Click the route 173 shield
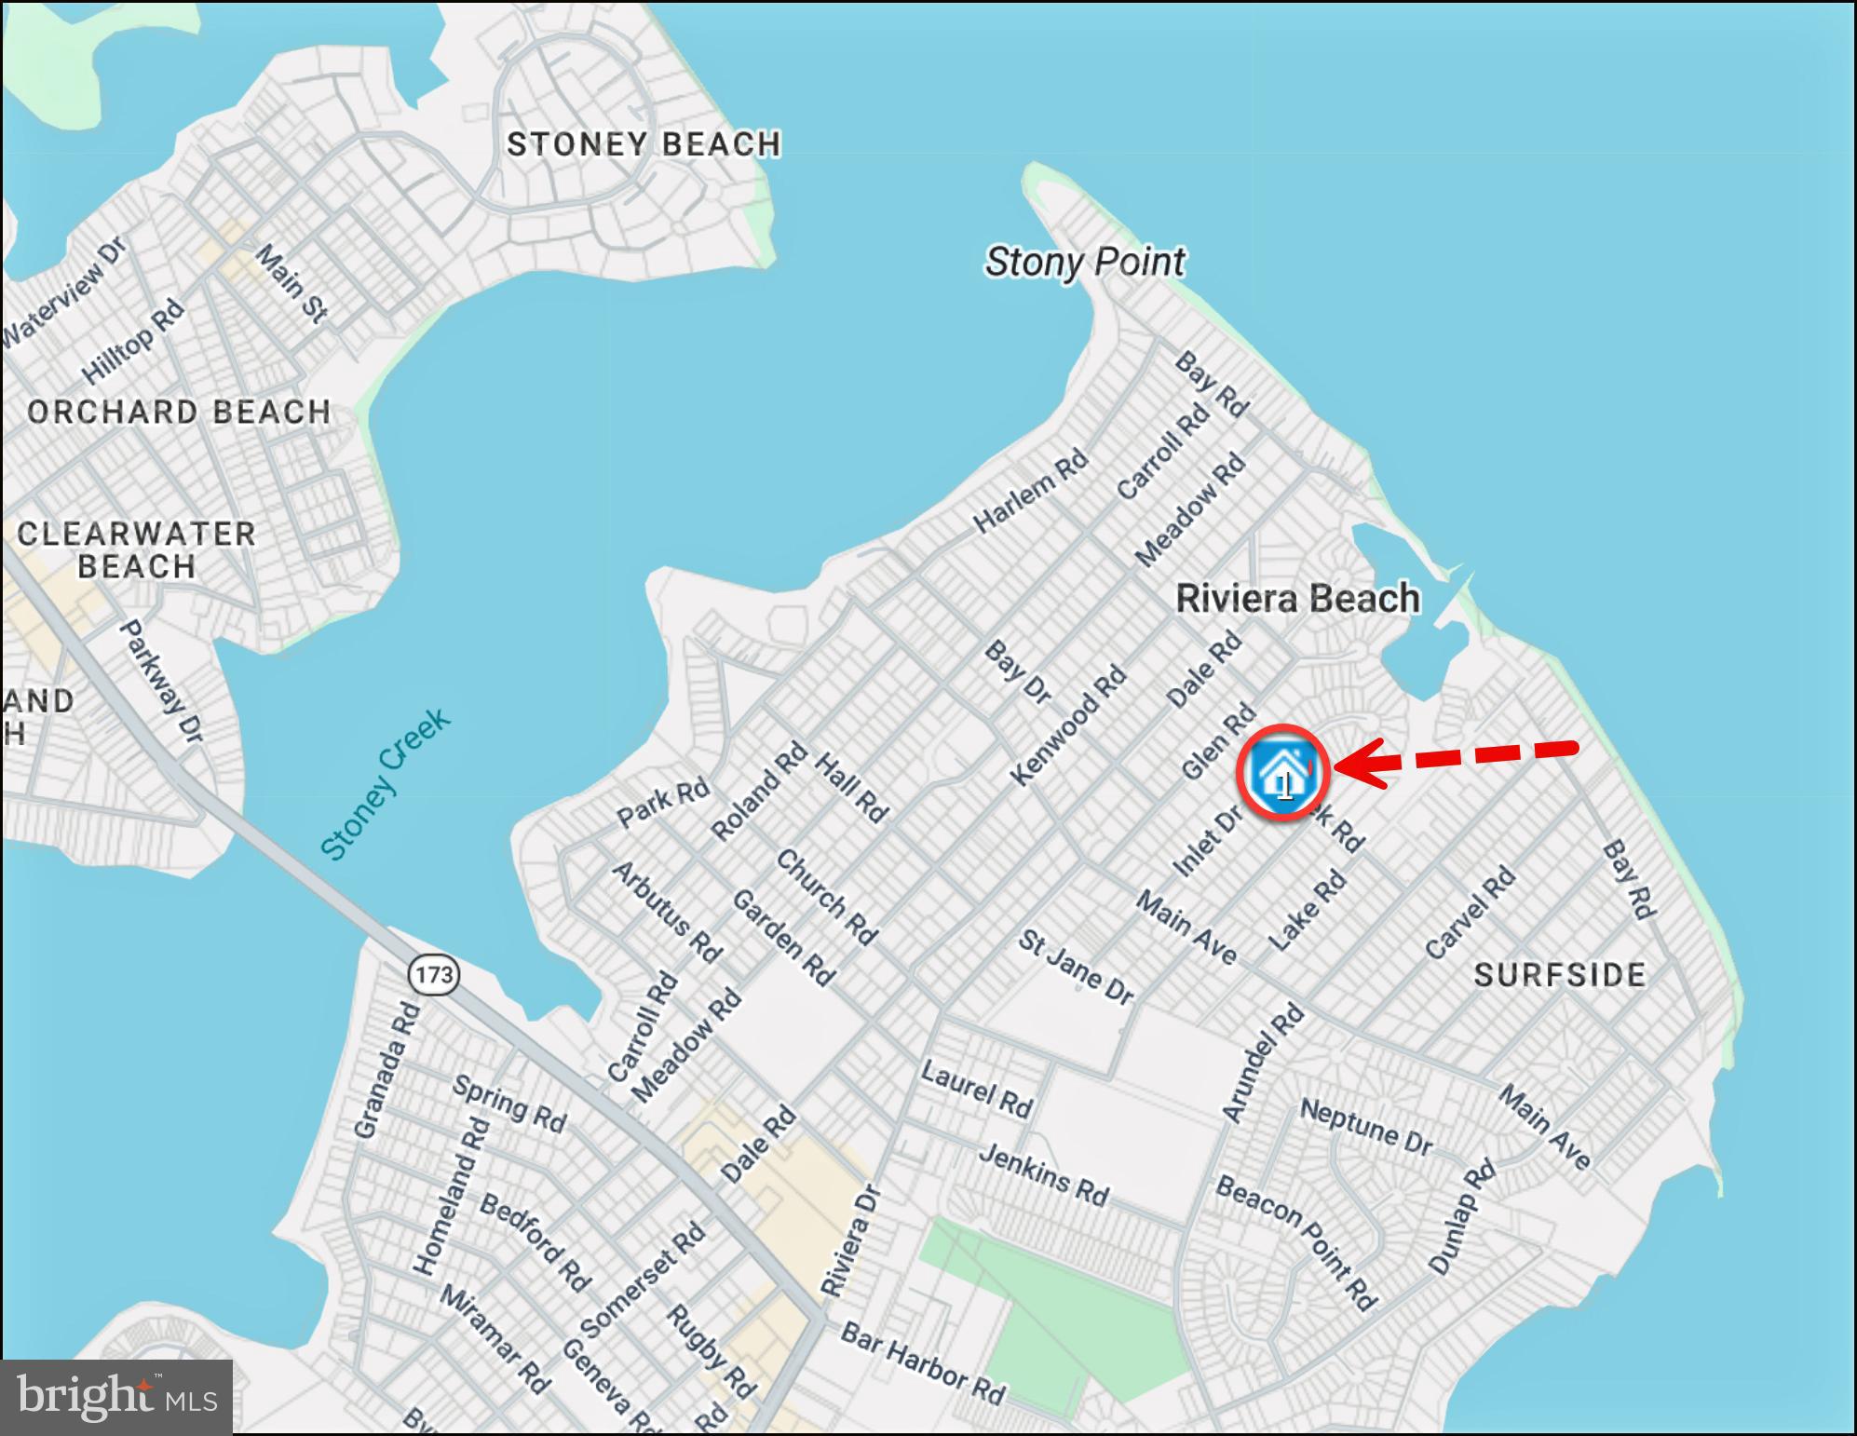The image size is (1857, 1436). point(434,975)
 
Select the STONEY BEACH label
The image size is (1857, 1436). point(644,144)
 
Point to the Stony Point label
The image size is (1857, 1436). point(1085,262)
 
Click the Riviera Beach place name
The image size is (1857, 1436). point(1298,598)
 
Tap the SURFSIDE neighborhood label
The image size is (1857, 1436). point(1560,975)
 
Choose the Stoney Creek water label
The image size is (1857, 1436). point(385,784)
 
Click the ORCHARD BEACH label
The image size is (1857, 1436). point(179,412)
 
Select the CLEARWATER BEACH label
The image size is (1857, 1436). point(137,550)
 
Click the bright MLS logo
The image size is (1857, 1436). point(116,1397)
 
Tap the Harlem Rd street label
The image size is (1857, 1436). point(1031,491)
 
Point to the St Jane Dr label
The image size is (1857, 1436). point(1076,968)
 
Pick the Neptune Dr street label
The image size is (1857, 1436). point(1365,1127)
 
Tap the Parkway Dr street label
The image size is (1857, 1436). point(162,682)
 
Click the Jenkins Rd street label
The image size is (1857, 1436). point(1043,1175)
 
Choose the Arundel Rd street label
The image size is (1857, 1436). point(1263,1063)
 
